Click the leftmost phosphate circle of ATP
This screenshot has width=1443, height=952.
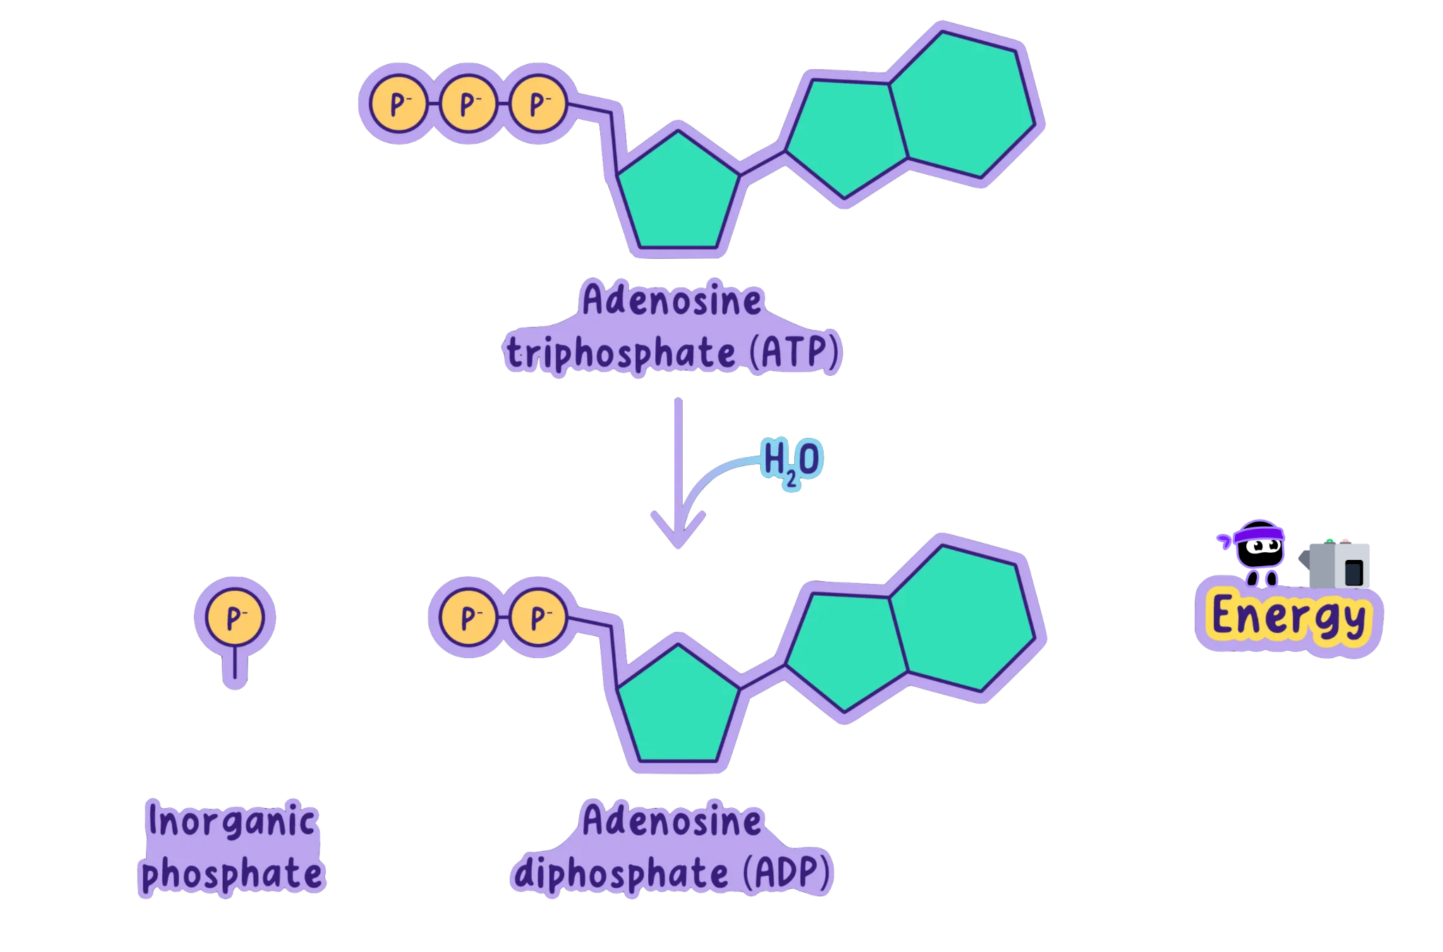(398, 104)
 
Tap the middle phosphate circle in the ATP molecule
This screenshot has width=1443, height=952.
(468, 104)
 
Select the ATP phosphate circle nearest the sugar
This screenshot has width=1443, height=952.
(538, 104)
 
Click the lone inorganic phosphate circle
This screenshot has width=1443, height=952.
(235, 617)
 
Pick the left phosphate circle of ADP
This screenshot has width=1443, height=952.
(468, 618)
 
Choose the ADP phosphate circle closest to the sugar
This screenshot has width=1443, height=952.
(538, 618)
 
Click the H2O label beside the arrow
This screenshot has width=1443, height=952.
(791, 460)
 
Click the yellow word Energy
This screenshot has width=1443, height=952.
(1289, 617)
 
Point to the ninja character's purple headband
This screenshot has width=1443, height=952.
(1259, 534)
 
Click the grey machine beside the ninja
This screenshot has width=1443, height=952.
(1339, 565)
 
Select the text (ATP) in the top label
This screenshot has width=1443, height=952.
(795, 352)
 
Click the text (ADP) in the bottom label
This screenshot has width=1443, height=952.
(788, 872)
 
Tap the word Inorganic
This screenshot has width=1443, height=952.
(232, 821)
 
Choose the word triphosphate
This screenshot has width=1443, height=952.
(621, 353)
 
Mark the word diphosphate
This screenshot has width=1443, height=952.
(621, 874)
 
